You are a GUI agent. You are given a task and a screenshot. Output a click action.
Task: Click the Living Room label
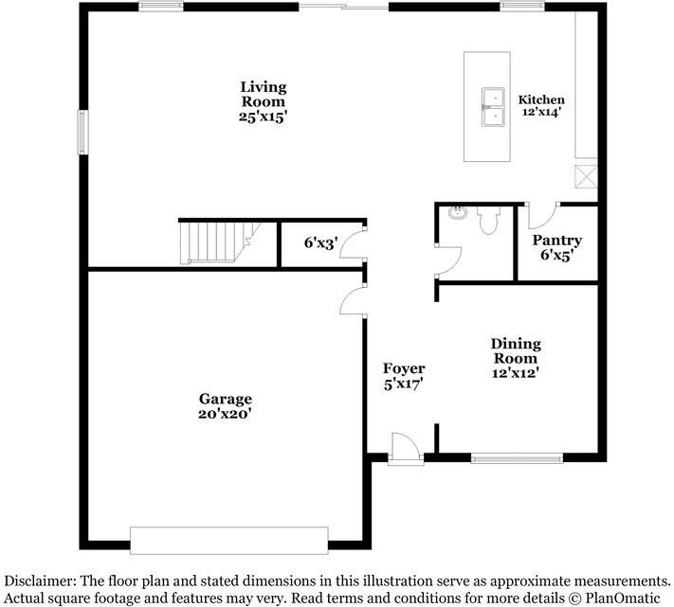point(263,101)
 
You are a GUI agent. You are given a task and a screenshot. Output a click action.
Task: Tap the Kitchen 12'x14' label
point(541,105)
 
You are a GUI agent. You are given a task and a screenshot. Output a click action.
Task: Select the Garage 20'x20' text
point(225,405)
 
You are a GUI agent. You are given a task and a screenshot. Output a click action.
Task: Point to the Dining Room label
point(516,358)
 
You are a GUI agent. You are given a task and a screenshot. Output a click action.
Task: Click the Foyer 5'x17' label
point(404,376)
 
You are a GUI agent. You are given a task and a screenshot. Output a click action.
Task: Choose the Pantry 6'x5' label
point(557,248)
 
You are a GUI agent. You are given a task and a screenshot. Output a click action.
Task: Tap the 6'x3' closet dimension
point(320,243)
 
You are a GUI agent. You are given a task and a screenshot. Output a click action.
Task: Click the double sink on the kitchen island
point(493,107)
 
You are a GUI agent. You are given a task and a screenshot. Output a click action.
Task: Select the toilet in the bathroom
point(489,221)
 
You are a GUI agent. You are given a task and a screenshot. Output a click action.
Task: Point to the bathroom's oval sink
point(458,212)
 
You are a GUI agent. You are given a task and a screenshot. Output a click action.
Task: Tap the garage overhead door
point(229,541)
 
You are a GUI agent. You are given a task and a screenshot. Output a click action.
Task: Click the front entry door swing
point(406,449)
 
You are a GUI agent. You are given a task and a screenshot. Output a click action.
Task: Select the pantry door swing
point(542,215)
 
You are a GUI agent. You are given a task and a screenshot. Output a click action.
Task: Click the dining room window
point(517,458)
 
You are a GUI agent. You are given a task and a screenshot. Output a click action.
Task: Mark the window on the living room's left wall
point(83,133)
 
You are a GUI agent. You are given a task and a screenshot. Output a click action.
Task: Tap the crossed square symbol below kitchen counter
point(586,176)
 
